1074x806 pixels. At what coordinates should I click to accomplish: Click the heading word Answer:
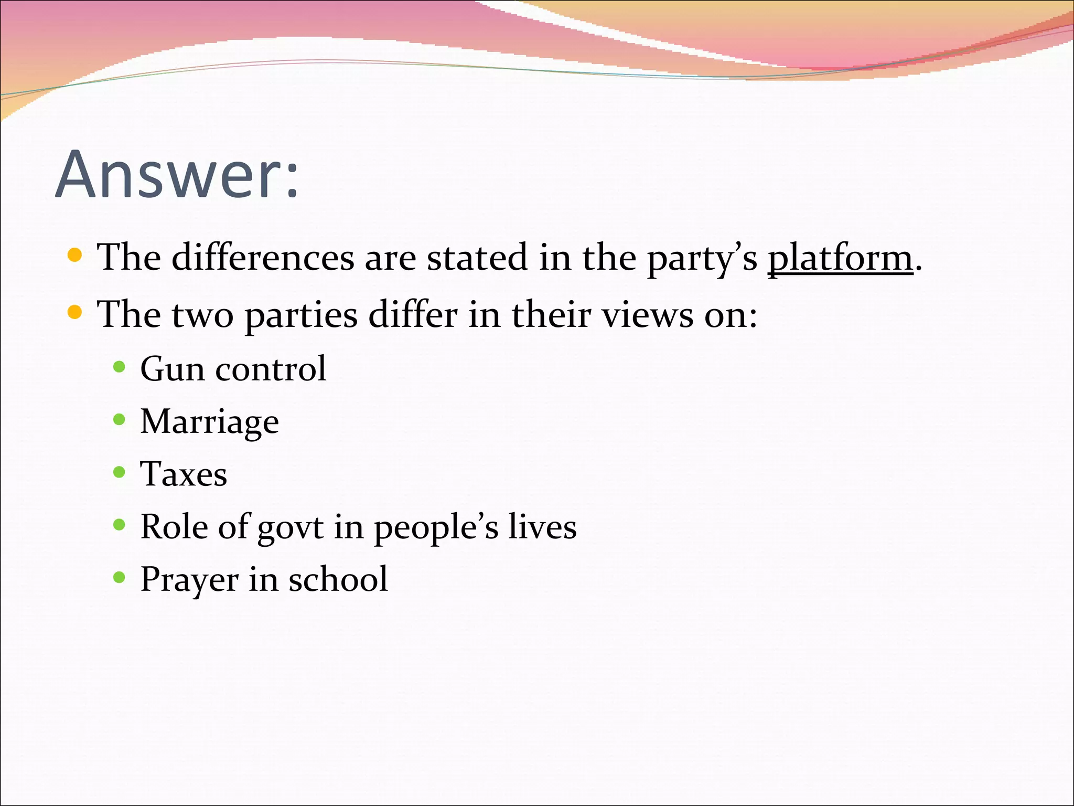point(177,174)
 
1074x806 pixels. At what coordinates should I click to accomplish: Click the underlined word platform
point(840,258)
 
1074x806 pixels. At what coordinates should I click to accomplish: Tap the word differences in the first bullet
point(263,258)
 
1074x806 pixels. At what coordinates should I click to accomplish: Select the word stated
point(477,258)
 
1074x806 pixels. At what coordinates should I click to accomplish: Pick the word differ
point(413,315)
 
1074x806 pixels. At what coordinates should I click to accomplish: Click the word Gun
point(173,368)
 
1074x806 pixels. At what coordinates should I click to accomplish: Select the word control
point(271,368)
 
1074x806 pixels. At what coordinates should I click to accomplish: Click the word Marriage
point(209,422)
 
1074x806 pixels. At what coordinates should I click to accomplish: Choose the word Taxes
point(184,474)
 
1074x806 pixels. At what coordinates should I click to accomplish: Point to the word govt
point(290,527)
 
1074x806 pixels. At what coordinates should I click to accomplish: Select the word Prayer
point(189,580)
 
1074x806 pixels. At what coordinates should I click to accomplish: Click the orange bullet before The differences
point(75,256)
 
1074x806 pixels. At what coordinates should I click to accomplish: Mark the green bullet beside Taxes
point(119,472)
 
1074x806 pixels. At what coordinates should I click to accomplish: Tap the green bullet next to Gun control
point(119,366)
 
